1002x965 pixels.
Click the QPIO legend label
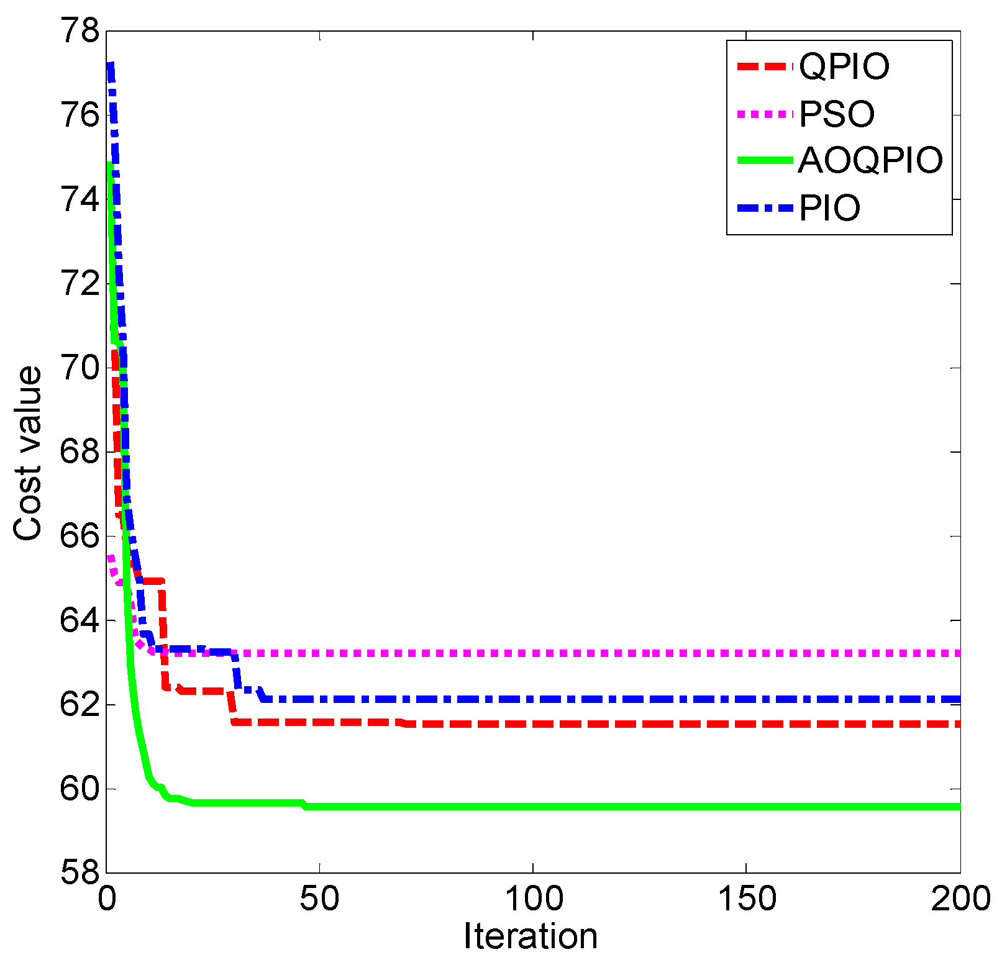click(x=844, y=66)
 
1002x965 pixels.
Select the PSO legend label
click(x=837, y=114)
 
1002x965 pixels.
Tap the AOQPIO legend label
click(x=870, y=160)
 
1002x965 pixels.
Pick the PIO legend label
click(x=830, y=208)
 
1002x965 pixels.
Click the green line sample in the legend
click(x=765, y=160)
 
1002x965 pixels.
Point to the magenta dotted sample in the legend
click(x=765, y=114)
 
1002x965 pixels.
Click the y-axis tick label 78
click(x=80, y=30)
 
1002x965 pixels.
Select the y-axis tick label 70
click(x=80, y=368)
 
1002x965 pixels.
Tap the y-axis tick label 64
click(x=80, y=620)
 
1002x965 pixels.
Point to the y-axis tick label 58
click(x=80, y=873)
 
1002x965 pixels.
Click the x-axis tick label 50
click(x=319, y=899)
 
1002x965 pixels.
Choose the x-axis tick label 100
click(x=533, y=899)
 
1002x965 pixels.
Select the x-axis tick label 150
click(x=746, y=899)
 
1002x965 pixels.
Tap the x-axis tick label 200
click(x=960, y=899)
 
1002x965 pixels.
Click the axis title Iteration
click(x=531, y=936)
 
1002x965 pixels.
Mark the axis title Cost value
click(x=28, y=453)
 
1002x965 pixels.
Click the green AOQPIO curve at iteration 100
click(x=533, y=807)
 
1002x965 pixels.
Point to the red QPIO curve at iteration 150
click(x=746, y=724)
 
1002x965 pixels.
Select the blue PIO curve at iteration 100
click(x=533, y=699)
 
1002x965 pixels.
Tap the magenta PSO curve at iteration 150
click(x=746, y=653)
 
